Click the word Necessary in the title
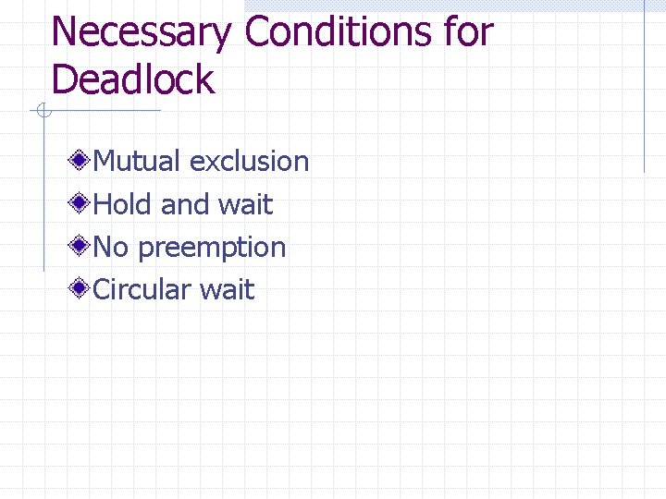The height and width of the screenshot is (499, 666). click(142, 32)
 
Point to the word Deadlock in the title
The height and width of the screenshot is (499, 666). click(133, 79)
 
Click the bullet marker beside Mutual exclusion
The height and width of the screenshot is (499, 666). click(81, 161)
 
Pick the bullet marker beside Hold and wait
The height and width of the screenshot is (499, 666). click(81, 203)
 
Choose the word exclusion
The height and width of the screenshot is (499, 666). click(249, 162)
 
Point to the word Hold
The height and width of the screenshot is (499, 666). click(124, 204)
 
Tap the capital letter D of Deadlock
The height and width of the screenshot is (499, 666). click(66, 79)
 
